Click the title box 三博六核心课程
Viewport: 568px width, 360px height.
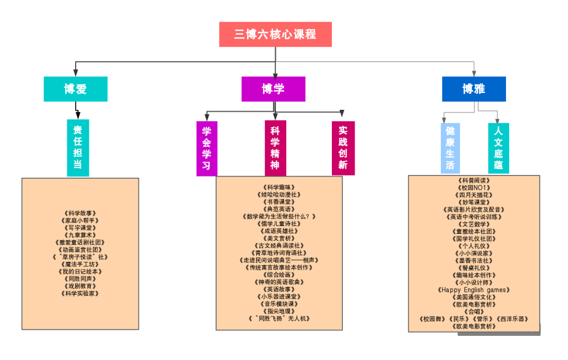(275, 34)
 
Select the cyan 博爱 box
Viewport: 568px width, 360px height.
(75, 89)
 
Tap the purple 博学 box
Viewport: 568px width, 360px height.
(273, 89)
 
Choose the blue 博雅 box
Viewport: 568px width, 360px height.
(473, 89)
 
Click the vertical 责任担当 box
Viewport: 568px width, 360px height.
(77, 147)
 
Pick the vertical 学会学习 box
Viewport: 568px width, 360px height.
(207, 148)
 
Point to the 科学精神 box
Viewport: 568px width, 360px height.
(275, 148)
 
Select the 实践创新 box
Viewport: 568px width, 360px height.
(343, 148)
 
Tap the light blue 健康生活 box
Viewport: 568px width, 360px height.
(450, 148)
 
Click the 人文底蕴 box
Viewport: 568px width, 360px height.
(498, 148)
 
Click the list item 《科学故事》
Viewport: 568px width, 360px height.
(80, 213)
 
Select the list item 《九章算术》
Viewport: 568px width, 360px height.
(80, 235)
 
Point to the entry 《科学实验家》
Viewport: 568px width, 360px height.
(80, 294)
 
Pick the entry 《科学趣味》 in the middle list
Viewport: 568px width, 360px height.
(279, 187)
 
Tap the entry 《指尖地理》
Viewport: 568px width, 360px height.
(279, 311)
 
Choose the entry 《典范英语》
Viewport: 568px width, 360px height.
(279, 209)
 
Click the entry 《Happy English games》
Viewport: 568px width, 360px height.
(474, 290)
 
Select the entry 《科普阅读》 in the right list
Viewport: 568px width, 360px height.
(474, 180)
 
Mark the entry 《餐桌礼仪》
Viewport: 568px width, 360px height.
(474, 268)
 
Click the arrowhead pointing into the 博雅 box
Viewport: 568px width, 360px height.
(474, 74)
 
